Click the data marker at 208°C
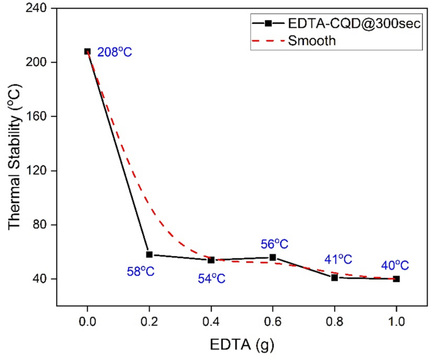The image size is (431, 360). tap(87, 52)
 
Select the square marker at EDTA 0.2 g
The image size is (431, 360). tap(149, 254)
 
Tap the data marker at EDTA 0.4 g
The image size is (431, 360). tap(211, 260)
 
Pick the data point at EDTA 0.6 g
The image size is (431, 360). tap(272, 257)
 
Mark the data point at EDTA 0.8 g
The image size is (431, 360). tap(335, 278)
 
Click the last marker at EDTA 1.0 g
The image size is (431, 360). tap(396, 279)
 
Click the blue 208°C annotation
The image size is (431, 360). tap(115, 52)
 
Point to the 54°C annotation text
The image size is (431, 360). tap(207, 278)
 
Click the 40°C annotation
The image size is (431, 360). tap(395, 266)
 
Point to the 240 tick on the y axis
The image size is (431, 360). tap(40, 9)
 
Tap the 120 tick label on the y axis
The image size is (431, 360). tap(40, 171)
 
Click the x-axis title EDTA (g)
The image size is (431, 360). tap(242, 344)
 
